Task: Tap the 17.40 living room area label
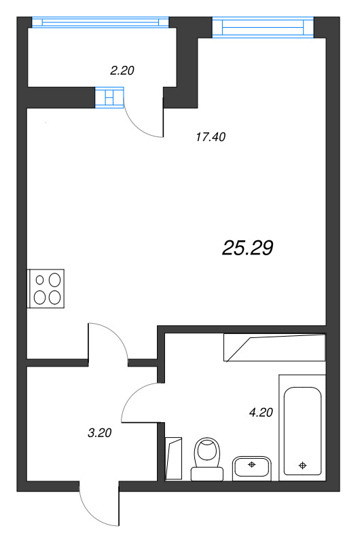click(x=210, y=137)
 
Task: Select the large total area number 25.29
click(x=247, y=248)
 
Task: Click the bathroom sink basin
click(x=252, y=467)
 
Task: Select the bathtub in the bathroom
click(x=303, y=432)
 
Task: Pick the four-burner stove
click(x=46, y=288)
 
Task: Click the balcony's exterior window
click(x=99, y=22)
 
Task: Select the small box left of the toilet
click(x=175, y=458)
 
